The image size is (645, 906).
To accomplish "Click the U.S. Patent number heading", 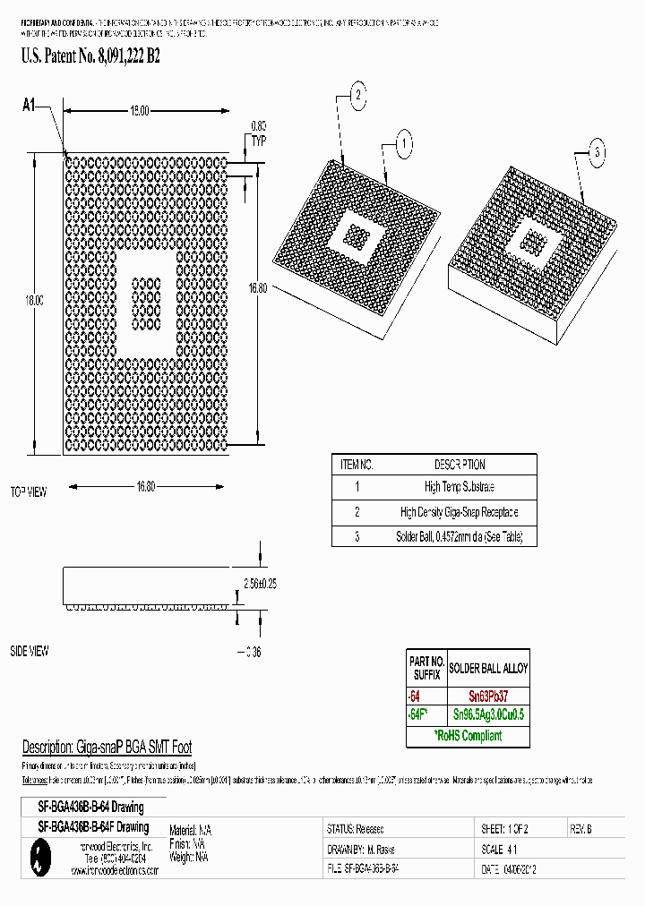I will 90,56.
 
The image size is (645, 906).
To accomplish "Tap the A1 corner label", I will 29,107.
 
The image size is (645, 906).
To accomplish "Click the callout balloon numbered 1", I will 404,142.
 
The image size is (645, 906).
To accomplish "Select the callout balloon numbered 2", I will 357,95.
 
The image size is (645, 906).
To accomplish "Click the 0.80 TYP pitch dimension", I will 259,132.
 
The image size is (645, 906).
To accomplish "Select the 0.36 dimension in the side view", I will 252,652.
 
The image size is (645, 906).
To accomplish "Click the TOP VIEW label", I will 28,491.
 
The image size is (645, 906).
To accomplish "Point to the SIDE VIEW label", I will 28,652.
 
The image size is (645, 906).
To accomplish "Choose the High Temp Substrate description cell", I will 460,487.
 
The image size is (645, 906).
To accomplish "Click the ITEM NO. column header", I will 357,465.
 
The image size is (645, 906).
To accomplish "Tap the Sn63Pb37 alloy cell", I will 488,695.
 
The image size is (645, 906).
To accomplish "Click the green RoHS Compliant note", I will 468,736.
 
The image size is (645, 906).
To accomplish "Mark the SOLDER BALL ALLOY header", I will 488,668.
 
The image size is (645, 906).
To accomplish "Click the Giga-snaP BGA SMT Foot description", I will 107,747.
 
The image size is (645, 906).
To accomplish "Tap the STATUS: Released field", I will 357,830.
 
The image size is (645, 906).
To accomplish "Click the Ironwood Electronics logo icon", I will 37,860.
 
